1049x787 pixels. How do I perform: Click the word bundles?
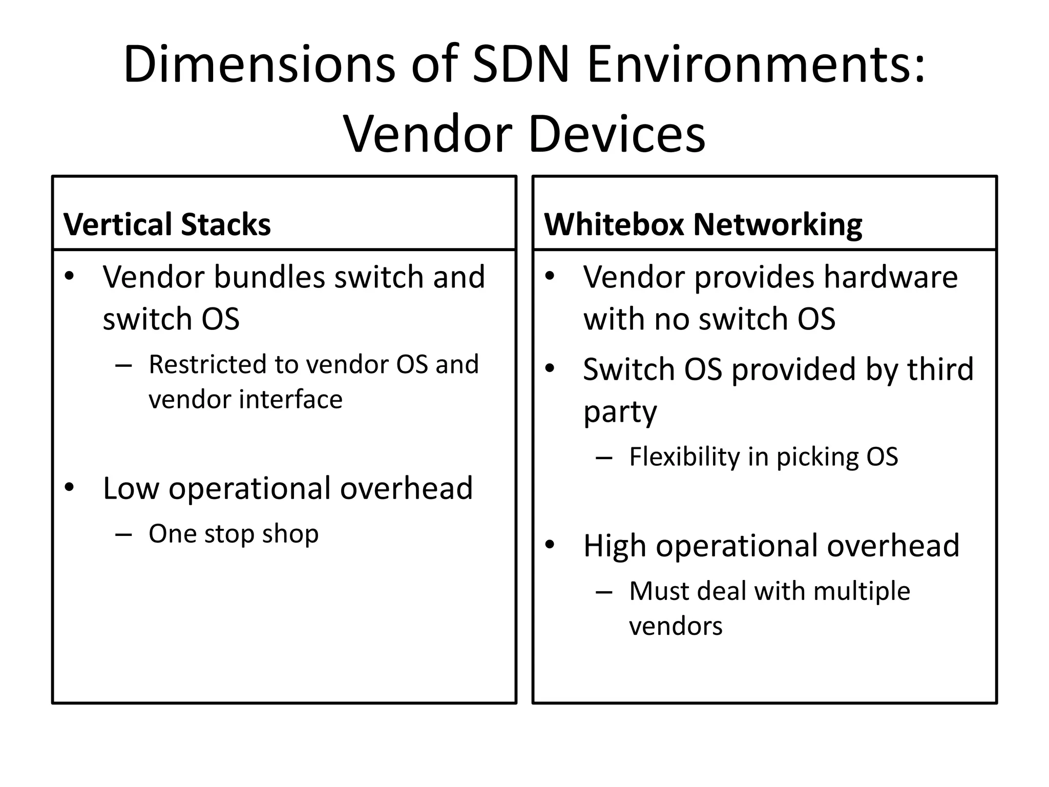(x=269, y=277)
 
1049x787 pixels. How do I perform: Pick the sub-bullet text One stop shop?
(x=234, y=534)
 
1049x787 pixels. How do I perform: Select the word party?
(x=620, y=412)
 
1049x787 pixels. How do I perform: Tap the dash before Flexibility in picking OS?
(x=604, y=458)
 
